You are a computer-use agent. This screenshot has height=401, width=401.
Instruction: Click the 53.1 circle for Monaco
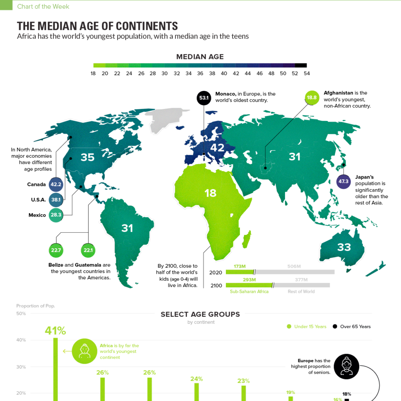[204, 98]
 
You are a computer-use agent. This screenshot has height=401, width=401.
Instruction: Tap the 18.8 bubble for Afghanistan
[312, 98]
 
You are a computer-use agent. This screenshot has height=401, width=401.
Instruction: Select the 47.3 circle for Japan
[343, 182]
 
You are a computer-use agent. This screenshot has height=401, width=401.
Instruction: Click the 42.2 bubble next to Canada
[56, 184]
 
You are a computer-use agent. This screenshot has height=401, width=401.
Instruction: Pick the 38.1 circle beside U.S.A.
[56, 200]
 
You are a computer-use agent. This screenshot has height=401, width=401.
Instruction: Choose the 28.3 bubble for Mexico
[56, 215]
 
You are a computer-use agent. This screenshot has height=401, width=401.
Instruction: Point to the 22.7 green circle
[56, 250]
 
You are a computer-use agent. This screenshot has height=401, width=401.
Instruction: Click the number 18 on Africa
[210, 193]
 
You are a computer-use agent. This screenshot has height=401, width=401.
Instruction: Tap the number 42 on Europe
[217, 147]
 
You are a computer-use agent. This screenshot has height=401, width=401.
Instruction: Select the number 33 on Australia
[344, 247]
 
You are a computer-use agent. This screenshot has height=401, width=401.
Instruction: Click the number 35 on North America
[87, 157]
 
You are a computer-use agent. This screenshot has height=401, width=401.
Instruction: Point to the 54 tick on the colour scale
[306, 73]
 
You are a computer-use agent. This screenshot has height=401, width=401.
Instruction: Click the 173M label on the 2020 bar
[240, 267]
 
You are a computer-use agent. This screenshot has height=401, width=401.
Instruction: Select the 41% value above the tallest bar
[55, 331]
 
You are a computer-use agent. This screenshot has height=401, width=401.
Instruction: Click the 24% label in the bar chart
[196, 379]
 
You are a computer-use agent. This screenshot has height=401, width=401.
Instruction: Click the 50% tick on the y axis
[21, 314]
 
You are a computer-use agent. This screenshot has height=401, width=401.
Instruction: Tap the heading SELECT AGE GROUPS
[200, 314]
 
